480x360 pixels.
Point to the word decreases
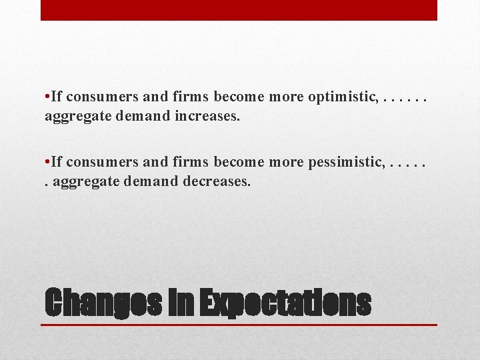click(x=217, y=181)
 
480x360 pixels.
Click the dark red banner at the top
click(x=239, y=10)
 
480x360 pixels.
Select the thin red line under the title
click(x=240, y=325)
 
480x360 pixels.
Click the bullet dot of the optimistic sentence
click(x=47, y=97)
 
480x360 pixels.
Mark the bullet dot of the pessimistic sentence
click(x=47, y=161)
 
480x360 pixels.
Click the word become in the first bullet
click(x=239, y=97)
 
